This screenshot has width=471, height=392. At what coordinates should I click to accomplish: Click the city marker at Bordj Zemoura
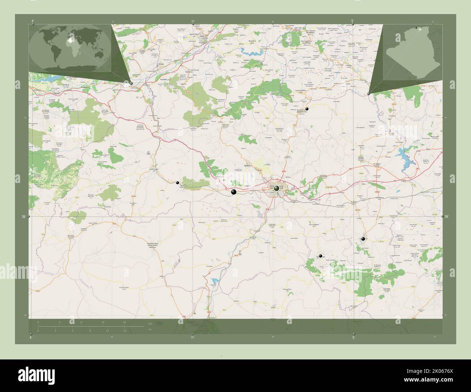point(307,109)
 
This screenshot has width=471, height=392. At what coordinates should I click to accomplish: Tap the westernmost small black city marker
point(178,183)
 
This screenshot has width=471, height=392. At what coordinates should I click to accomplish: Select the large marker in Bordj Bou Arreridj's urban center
point(277,188)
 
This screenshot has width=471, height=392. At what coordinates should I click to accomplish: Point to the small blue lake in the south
point(216,281)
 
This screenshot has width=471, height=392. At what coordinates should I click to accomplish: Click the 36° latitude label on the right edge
point(447,217)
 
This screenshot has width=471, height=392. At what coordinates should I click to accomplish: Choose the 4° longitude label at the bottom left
point(31,337)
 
